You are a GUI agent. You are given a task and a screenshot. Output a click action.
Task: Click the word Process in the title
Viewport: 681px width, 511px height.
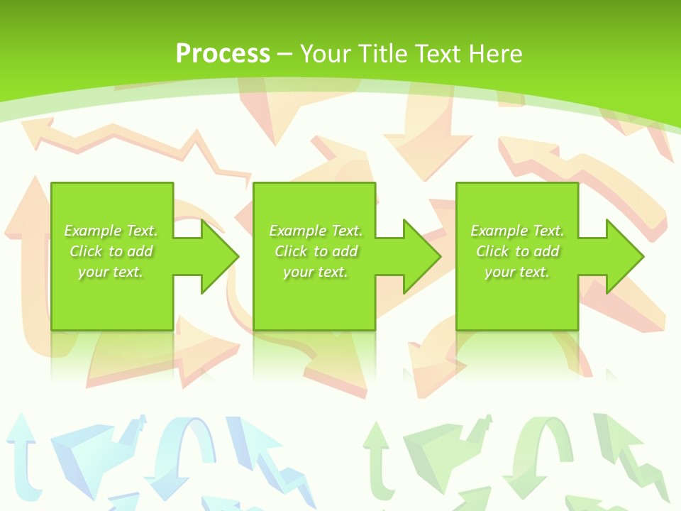(x=223, y=54)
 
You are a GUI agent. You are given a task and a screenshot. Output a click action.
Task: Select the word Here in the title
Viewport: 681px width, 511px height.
(x=497, y=54)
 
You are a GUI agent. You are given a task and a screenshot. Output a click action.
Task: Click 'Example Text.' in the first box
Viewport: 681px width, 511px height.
(x=111, y=231)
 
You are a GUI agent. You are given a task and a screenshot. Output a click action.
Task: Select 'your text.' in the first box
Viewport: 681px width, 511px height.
(x=111, y=272)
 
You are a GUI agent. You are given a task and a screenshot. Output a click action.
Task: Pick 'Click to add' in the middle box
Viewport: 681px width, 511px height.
(x=316, y=251)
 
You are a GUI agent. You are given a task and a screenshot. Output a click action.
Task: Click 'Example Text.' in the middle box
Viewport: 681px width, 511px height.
(x=316, y=231)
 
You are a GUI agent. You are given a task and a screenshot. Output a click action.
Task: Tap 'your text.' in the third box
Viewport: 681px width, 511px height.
(x=517, y=272)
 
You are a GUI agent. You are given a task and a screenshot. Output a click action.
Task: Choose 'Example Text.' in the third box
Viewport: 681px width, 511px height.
(x=517, y=231)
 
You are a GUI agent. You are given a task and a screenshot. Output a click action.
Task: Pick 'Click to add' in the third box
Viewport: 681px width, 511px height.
(x=517, y=251)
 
